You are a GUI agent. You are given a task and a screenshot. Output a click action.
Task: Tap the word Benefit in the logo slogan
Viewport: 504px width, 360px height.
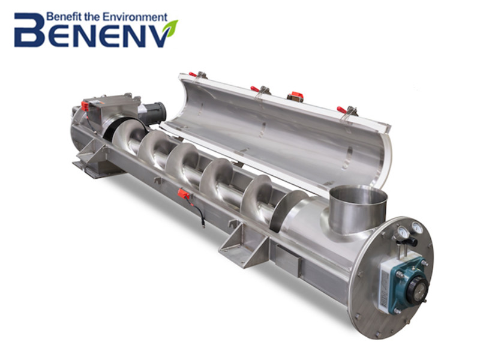click(x=61, y=16)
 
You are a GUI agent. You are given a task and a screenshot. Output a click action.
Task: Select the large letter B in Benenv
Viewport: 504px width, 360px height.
click(x=29, y=30)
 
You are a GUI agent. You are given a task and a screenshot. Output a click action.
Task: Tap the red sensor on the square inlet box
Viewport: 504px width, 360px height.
click(x=85, y=106)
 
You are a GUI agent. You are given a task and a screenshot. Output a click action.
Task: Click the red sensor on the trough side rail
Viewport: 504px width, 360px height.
click(x=184, y=193)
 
